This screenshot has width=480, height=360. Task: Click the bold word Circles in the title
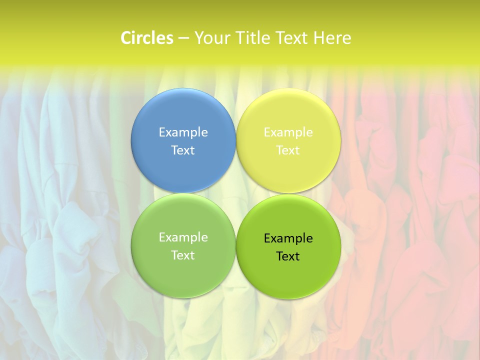point(147,38)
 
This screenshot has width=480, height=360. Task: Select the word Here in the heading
point(332,38)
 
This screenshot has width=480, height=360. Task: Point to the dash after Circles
point(183,38)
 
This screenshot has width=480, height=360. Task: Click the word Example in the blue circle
point(183,132)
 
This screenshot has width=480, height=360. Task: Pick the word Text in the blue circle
point(183,150)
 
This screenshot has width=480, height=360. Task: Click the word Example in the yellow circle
point(288,132)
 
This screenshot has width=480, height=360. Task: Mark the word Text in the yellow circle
point(288,150)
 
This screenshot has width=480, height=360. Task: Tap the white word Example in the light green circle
point(183,237)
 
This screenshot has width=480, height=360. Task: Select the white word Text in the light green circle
point(183,255)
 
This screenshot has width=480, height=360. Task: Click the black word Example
point(288,238)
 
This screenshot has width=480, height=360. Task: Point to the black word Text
point(288,256)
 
